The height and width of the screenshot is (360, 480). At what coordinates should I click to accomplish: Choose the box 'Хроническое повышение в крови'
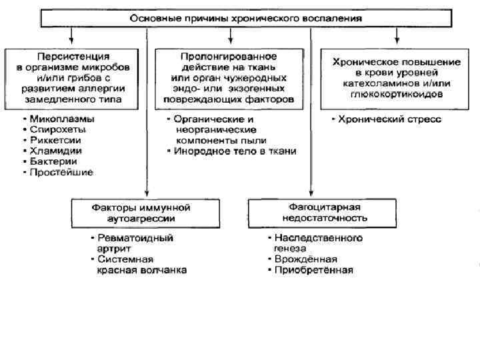(396, 78)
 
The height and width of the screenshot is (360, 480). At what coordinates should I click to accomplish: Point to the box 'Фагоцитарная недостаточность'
(314, 213)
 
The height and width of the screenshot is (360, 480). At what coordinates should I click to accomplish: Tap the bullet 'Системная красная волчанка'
(140, 265)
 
